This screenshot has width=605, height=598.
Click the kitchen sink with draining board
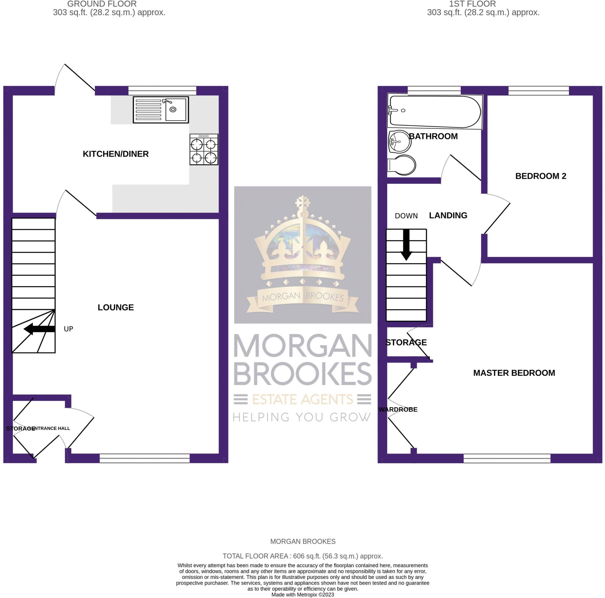pyautogui.click(x=161, y=109)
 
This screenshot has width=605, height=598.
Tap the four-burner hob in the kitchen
pyautogui.click(x=204, y=150)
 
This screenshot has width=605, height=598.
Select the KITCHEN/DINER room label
pyautogui.click(x=116, y=154)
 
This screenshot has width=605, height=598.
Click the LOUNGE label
pyautogui.click(x=116, y=307)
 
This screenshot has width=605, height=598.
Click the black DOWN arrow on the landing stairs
pyautogui.click(x=406, y=245)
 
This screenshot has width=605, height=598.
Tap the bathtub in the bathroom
pyautogui.click(x=434, y=111)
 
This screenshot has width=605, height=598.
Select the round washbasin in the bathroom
pyautogui.click(x=400, y=141)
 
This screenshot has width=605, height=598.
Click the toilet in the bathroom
pyautogui.click(x=402, y=165)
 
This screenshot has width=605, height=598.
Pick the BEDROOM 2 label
pyautogui.click(x=541, y=176)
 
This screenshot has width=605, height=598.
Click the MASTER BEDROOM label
pyautogui.click(x=514, y=373)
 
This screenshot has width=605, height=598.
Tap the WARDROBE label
pyautogui.click(x=398, y=410)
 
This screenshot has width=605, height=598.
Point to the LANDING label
pyautogui.click(x=448, y=215)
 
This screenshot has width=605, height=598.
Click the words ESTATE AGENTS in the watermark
pyautogui.click(x=302, y=399)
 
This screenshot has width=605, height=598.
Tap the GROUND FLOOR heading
pyautogui.click(x=102, y=4)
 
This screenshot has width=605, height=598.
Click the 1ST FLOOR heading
pyautogui.click(x=472, y=4)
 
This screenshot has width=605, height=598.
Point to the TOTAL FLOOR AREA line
pyautogui.click(x=302, y=556)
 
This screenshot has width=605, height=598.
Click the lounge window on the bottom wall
pyautogui.click(x=145, y=458)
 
